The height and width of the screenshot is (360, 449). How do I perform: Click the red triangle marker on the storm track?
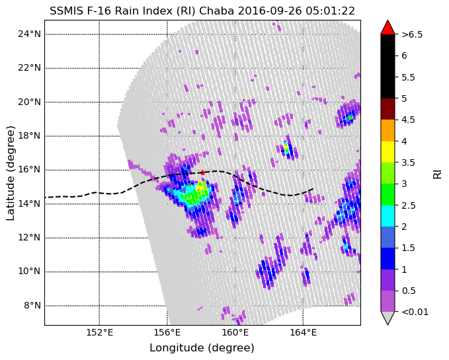(202, 172)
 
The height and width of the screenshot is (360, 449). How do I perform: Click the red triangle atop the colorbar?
(388, 27)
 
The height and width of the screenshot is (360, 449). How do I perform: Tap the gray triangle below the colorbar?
(388, 318)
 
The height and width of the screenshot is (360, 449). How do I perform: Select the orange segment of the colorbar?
(388, 130)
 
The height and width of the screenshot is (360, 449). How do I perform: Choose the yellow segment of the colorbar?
(388, 151)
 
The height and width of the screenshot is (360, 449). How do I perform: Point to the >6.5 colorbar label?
(412, 34)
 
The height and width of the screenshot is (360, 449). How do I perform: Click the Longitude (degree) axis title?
(202, 348)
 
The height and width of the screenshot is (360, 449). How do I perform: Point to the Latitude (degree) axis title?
(11, 173)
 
